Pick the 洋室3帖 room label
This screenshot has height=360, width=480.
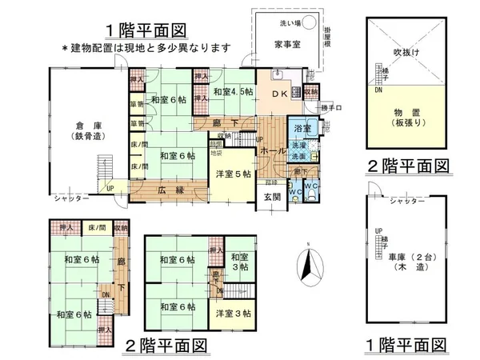coord(233,313)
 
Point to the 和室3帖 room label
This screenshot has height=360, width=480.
coord(239,262)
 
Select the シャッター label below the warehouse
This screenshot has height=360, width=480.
coord(71,197)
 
